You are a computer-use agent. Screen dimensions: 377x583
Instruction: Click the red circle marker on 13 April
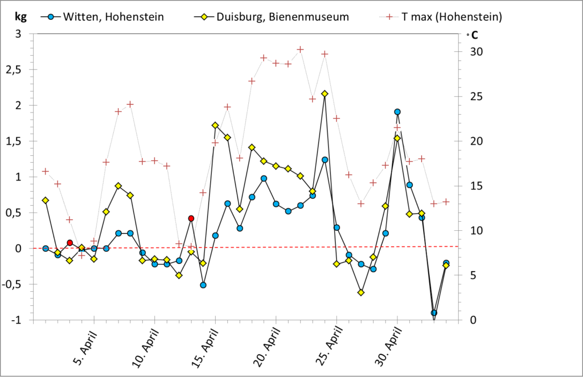[191, 218]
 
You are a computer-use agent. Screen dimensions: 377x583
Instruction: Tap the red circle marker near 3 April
[69, 243]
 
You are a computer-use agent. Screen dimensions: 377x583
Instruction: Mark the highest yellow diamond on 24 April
[325, 93]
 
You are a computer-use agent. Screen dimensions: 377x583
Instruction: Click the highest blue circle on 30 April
[397, 112]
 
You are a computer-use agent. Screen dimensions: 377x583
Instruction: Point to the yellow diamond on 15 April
[215, 125]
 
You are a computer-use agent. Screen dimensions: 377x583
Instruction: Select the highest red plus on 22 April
[301, 49]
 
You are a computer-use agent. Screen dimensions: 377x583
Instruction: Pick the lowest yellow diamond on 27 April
[361, 292]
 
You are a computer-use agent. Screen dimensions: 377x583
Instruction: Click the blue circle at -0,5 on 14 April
[203, 285]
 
